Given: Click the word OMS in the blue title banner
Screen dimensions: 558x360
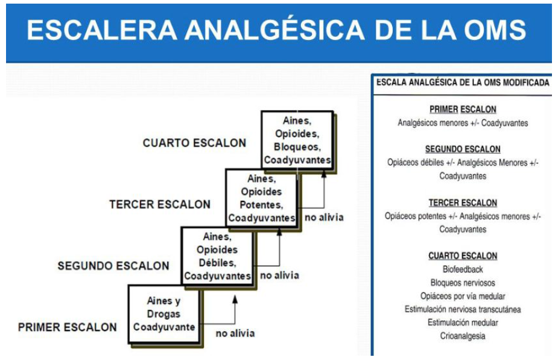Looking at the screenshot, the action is [495, 30].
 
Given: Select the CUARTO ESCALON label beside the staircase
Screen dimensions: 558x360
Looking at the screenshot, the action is [194, 143].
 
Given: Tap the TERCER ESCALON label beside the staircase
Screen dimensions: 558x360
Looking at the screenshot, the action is [160, 204].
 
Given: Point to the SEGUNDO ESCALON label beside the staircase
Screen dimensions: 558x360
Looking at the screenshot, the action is [113, 266].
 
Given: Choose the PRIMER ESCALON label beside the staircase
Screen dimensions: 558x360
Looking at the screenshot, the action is [67, 327].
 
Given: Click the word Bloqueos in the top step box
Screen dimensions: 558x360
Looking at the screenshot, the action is [297, 147].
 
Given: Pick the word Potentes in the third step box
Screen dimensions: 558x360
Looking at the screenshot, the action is [262, 205].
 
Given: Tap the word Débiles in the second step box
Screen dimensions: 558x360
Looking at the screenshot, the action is [217, 264].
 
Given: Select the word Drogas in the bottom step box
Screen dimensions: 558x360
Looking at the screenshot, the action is [163, 314].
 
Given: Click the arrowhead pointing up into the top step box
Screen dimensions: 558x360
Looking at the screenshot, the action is [324, 173].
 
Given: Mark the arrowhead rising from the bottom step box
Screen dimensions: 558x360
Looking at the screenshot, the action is [235, 299].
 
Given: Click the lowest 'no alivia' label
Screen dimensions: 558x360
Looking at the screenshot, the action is [235, 333].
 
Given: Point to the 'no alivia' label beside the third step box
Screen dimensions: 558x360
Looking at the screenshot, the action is [324, 217].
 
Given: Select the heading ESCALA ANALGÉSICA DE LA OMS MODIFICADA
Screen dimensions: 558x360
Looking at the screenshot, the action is [463, 83].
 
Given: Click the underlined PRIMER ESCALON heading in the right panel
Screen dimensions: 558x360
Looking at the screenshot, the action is [463, 110].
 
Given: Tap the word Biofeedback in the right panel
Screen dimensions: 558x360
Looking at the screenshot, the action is [463, 270].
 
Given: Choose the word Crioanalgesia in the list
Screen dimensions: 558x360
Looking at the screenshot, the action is [463, 336].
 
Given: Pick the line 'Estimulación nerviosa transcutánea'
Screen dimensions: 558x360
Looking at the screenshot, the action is [463, 309].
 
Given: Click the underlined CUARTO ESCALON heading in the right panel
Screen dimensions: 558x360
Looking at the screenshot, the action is [463, 256].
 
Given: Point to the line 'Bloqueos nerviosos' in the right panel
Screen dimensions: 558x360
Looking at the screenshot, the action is [463, 283].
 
